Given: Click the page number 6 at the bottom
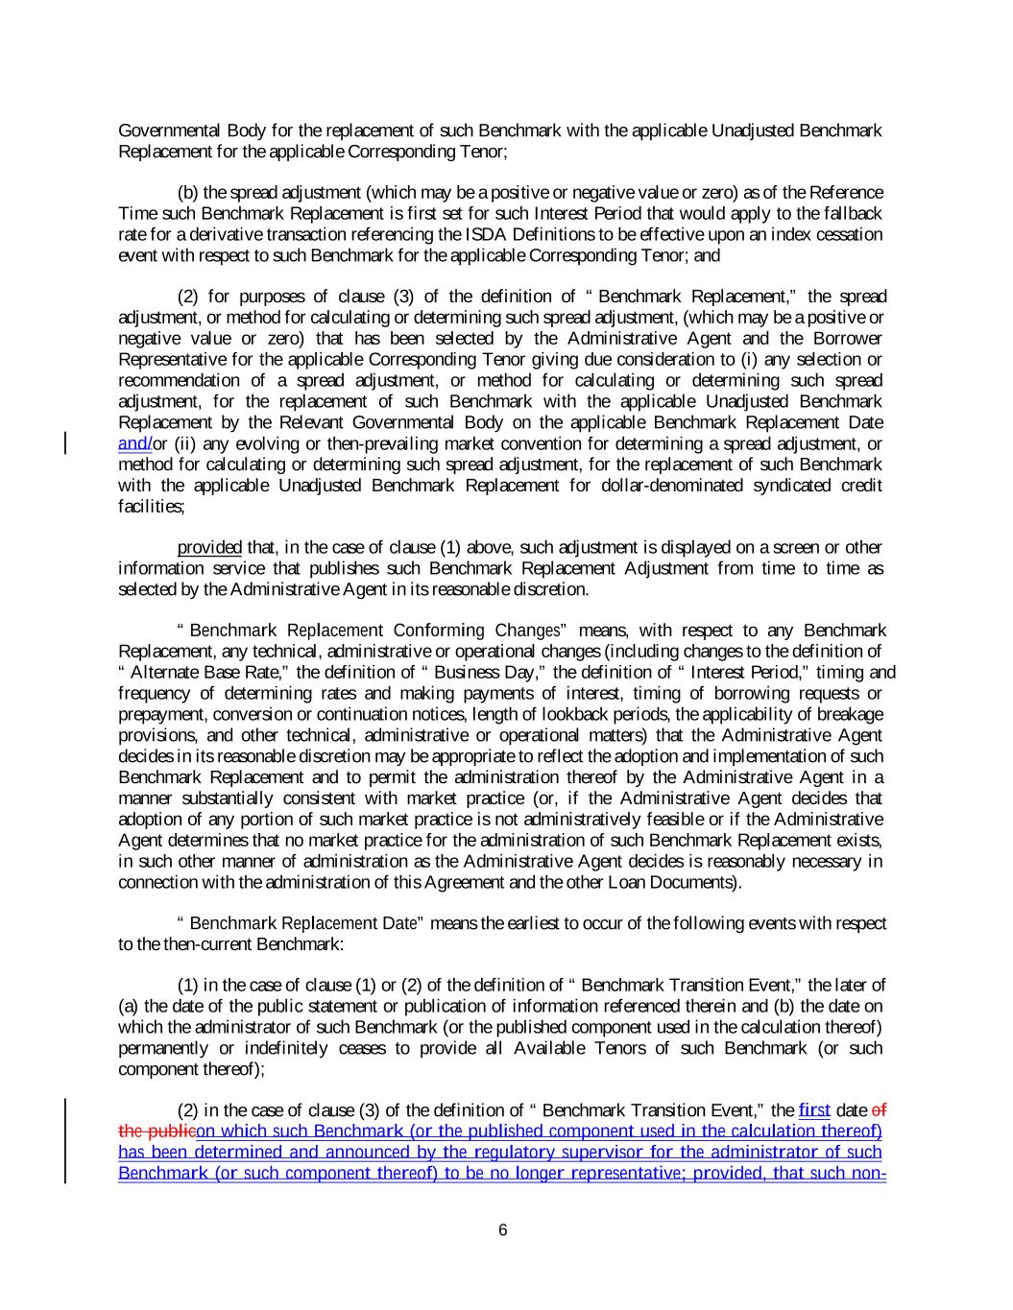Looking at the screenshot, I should (x=503, y=1231).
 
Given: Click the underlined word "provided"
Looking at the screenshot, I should (x=209, y=547).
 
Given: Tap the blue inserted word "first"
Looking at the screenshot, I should (x=814, y=1110).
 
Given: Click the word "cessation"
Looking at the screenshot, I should (x=850, y=235).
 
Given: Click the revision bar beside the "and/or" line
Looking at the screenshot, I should (x=65, y=443).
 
